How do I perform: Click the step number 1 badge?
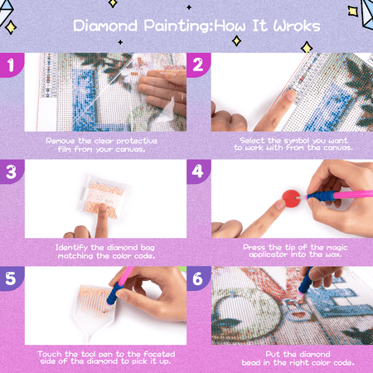[x=11, y=65]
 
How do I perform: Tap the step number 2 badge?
[x=198, y=65]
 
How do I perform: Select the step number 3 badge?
[x=12, y=172]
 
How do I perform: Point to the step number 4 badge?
[x=198, y=172]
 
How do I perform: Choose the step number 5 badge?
[x=11, y=279]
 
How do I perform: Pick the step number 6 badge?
[x=198, y=279]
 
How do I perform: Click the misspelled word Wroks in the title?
[x=297, y=26]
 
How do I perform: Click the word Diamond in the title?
[x=105, y=26]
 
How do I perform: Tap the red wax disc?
[x=291, y=198]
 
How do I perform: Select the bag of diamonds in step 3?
[x=104, y=197]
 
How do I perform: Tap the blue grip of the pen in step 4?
[x=321, y=196]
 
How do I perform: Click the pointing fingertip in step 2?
[x=290, y=94]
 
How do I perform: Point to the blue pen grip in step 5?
[x=114, y=293]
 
